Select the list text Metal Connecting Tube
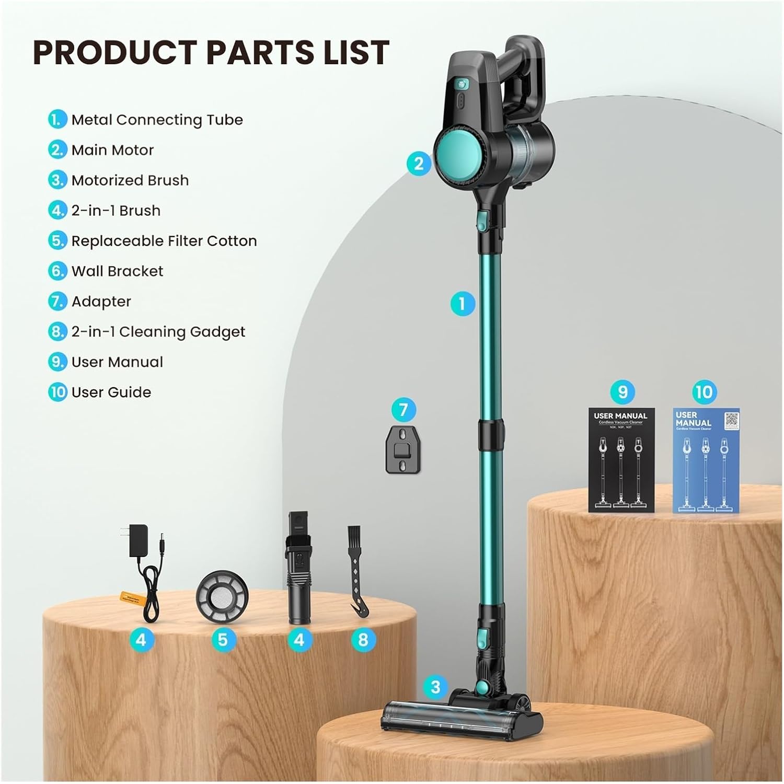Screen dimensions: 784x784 [157, 120]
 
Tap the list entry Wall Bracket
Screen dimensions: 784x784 [117, 271]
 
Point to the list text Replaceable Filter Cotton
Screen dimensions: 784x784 [164, 241]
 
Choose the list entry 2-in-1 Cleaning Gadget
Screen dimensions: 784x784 [158, 332]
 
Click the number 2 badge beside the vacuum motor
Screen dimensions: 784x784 [419, 164]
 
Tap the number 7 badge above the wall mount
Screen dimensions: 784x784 [403, 409]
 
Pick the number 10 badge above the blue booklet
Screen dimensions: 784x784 [704, 392]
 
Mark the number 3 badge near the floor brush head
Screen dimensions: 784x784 [435, 687]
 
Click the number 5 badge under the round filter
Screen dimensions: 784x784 [223, 640]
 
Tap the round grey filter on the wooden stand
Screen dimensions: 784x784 [222, 596]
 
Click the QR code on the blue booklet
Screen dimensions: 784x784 [731, 420]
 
